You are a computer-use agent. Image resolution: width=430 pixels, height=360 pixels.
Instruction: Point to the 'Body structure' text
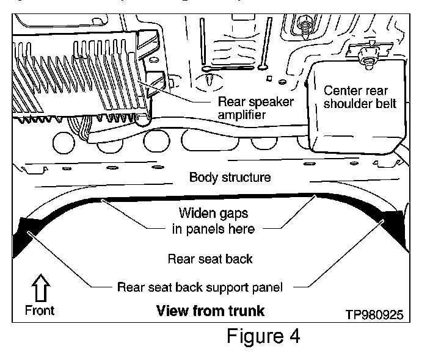tap(230, 178)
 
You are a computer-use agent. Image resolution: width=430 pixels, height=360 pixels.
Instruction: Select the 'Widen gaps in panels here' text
tap(214, 221)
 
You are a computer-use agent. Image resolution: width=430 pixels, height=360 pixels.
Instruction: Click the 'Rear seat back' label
tap(210, 258)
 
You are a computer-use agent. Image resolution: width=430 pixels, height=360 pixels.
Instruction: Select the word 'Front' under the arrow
tap(40, 310)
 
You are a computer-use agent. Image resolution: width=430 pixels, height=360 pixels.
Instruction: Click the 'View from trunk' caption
tap(210, 311)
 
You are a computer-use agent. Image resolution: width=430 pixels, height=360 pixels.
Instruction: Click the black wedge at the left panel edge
tap(23, 238)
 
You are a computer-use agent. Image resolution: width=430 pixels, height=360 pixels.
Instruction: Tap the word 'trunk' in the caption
tap(244, 311)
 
